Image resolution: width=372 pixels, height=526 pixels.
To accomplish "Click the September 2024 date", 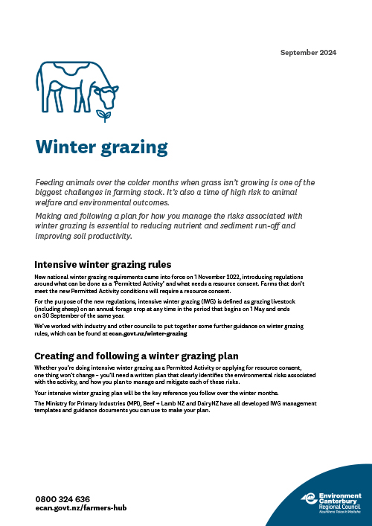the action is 308,53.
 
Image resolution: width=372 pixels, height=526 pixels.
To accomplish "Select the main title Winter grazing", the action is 102,147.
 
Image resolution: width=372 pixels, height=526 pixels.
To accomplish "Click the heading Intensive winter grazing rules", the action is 103,264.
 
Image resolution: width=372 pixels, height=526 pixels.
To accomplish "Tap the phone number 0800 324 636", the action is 62,499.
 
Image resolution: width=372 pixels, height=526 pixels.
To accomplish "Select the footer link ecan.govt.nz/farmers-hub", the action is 82,509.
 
